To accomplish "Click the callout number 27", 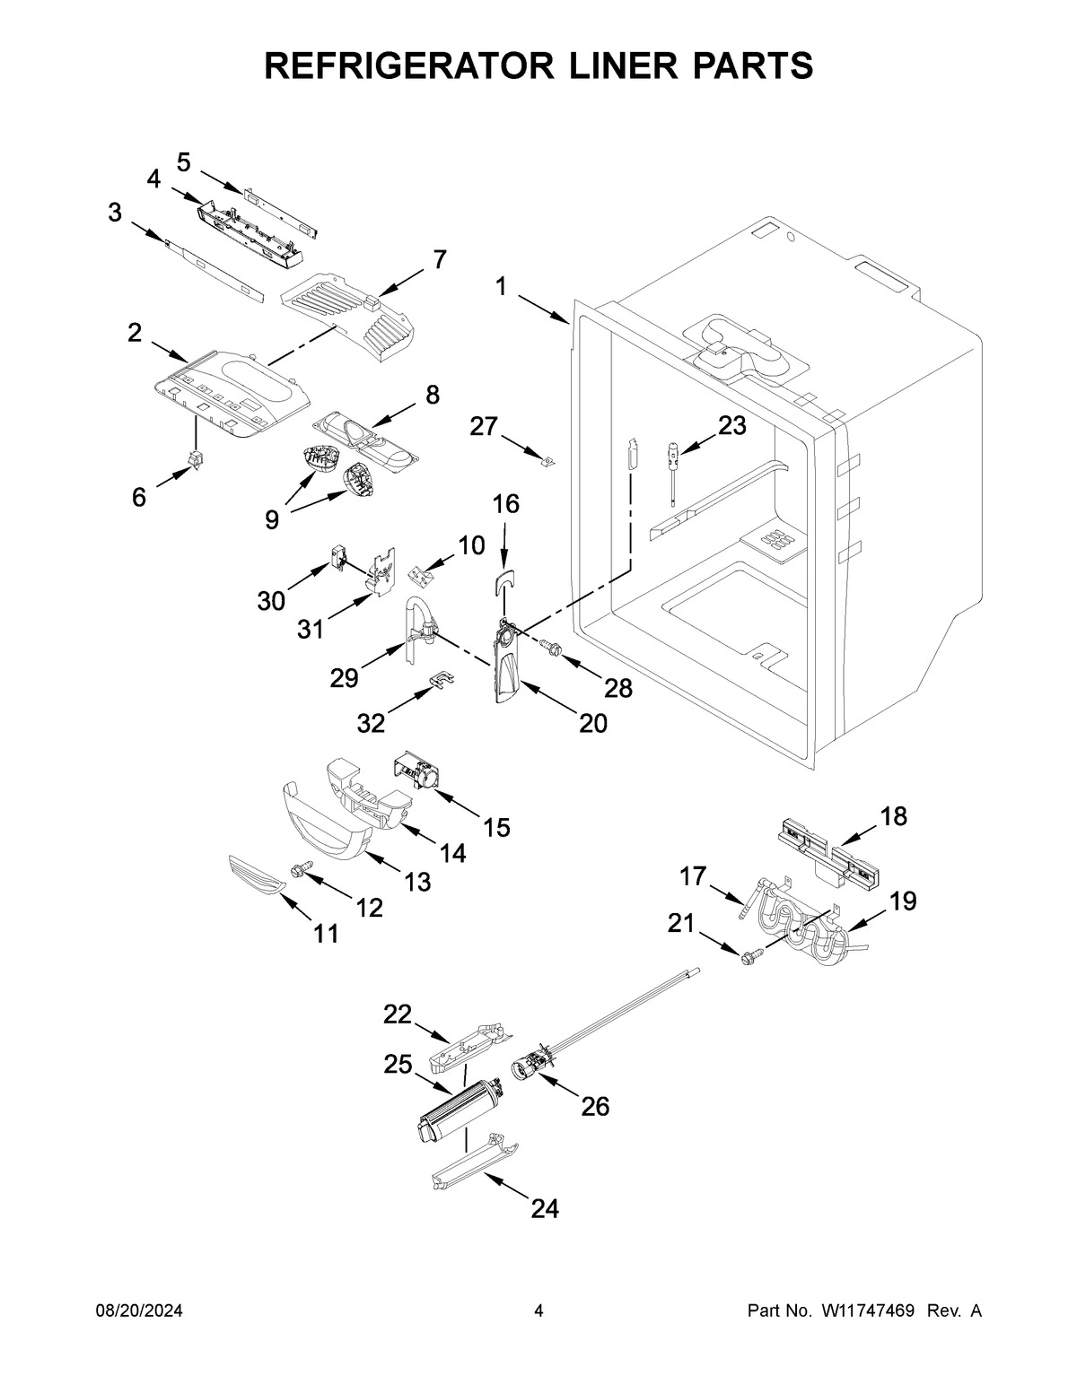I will click(x=484, y=427).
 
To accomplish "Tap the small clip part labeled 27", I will click(x=547, y=462).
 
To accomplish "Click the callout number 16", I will click(x=506, y=504).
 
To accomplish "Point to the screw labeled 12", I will click(x=300, y=868).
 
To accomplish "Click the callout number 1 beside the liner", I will click(x=501, y=287).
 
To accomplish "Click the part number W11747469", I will click(x=867, y=1311).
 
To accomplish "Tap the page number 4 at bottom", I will click(x=538, y=1311).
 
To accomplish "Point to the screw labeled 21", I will click(x=749, y=956).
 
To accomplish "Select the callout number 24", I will click(x=545, y=1209).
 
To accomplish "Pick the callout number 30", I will click(x=271, y=601).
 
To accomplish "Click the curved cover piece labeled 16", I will click(x=504, y=583).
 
